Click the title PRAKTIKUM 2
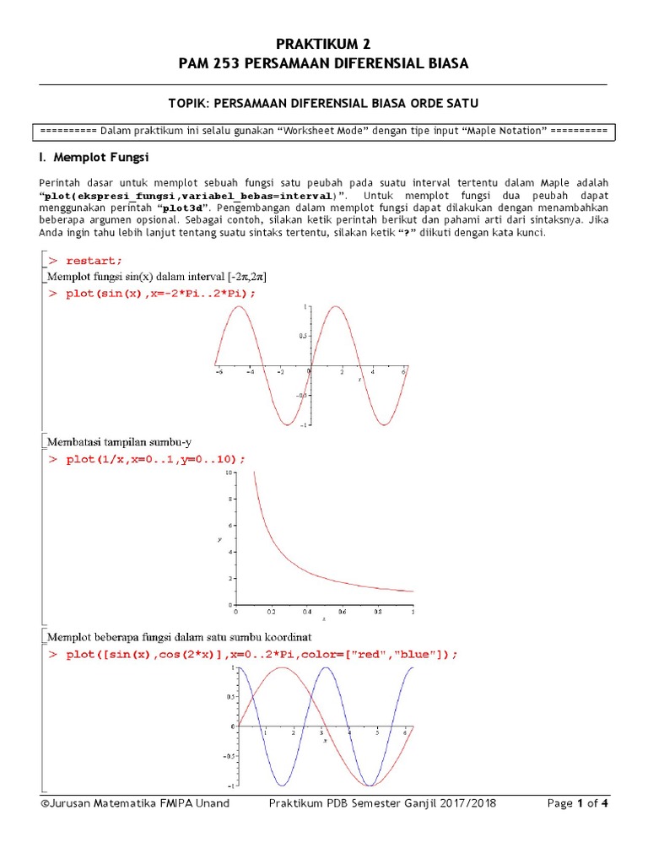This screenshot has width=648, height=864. [324, 44]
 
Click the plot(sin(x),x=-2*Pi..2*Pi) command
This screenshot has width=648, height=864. [159, 293]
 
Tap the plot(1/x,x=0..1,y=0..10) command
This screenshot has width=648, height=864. [155, 459]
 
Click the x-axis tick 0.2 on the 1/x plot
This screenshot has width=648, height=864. [271, 612]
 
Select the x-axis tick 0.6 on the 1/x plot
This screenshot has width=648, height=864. [342, 612]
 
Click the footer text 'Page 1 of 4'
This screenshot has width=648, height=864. [578, 803]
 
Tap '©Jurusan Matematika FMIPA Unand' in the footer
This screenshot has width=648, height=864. [134, 803]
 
